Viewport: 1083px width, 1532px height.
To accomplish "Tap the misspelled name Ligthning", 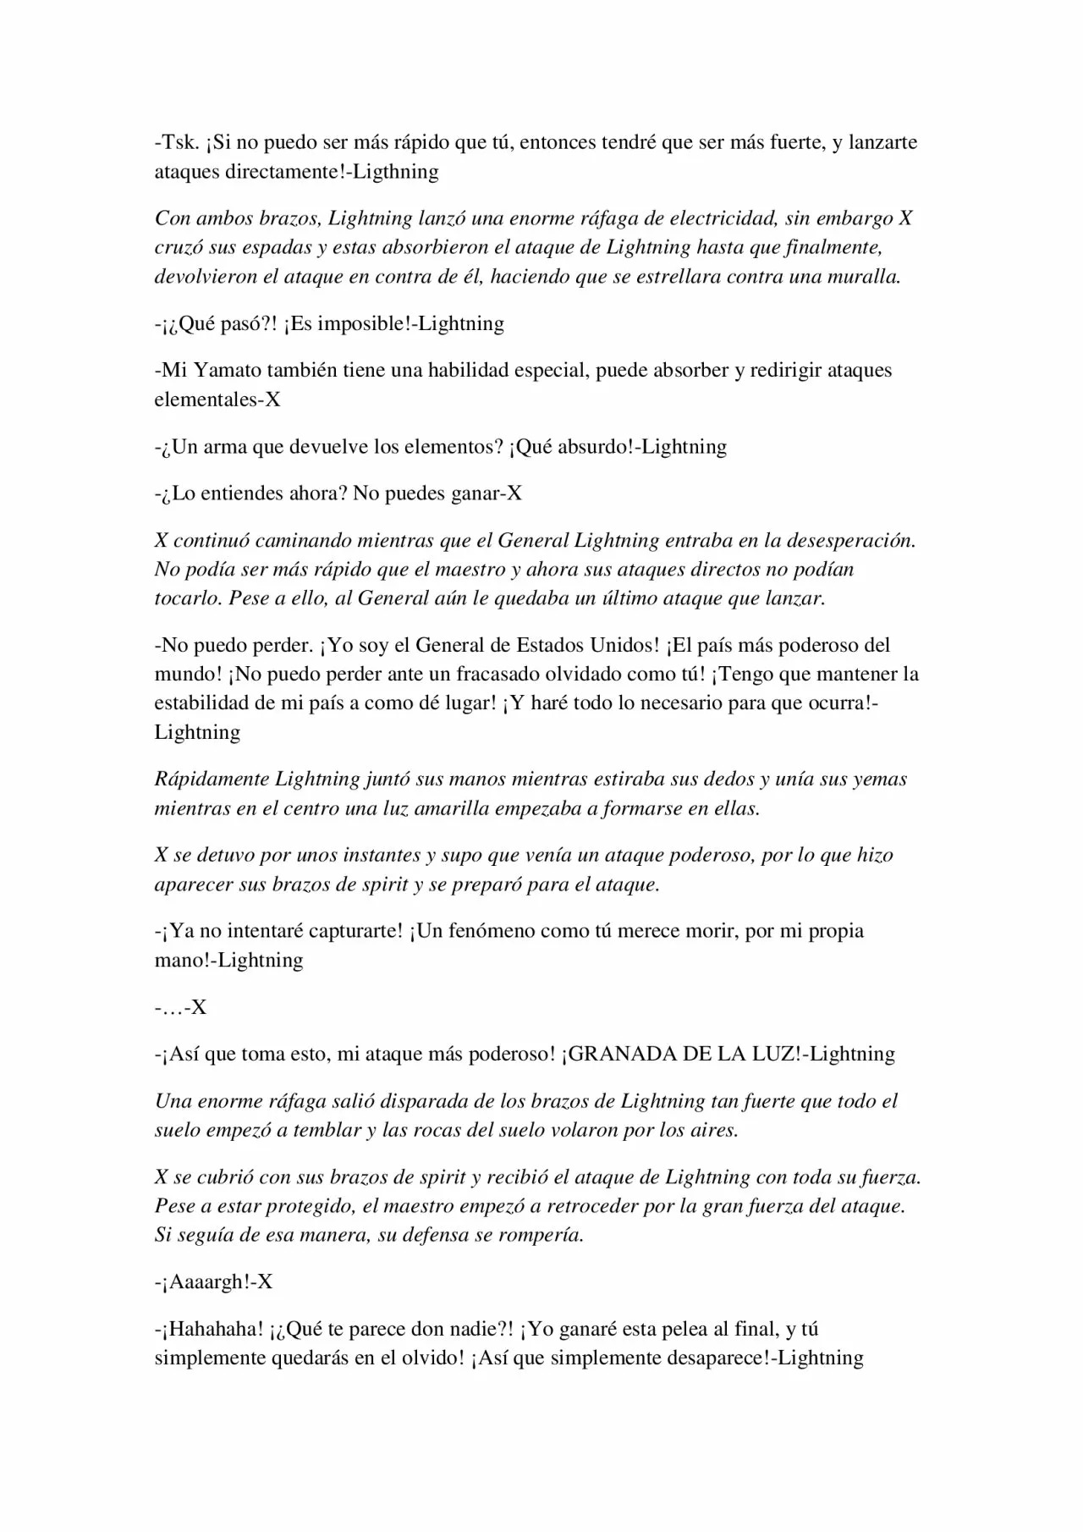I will coord(395,172).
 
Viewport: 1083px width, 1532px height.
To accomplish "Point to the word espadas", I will coord(260,248).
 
